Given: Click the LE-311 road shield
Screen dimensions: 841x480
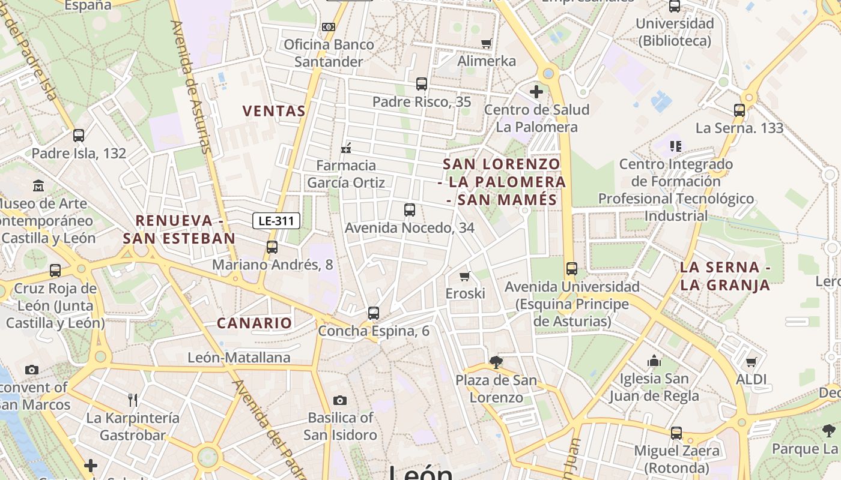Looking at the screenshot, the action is click(x=276, y=221).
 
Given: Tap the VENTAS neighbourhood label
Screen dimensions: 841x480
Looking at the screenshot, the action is click(x=274, y=111).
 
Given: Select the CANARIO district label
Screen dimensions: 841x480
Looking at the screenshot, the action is click(x=254, y=323).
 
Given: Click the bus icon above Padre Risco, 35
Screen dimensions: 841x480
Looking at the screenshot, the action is click(x=422, y=84).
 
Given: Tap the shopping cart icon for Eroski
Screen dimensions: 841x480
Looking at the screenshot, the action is click(x=464, y=276).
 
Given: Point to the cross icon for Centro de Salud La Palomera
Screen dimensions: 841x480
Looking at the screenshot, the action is click(x=536, y=92).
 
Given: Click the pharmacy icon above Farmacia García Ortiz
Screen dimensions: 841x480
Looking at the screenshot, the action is click(x=346, y=148).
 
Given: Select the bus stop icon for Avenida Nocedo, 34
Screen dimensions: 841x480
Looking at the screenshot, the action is click(x=410, y=210).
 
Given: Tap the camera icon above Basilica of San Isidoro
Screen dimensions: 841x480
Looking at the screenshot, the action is click(x=340, y=400).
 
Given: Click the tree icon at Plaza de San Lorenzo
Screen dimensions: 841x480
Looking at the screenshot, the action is click(x=496, y=362).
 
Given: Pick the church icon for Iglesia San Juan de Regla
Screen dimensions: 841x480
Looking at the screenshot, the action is click(x=654, y=361).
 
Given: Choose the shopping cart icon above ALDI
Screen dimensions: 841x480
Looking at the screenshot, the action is click(x=751, y=362).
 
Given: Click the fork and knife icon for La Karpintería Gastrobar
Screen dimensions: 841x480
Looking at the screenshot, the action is click(x=133, y=400).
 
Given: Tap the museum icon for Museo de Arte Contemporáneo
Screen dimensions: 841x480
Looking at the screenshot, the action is click(x=39, y=185).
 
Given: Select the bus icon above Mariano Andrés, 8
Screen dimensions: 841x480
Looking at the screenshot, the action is click(x=272, y=247).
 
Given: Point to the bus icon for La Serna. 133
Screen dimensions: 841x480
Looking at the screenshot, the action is click(x=739, y=110).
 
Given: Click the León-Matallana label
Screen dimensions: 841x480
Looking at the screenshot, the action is click(x=239, y=358).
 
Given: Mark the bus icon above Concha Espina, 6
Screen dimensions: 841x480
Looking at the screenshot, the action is click(x=374, y=313).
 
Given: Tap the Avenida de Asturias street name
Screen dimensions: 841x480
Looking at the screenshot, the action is click(x=191, y=87).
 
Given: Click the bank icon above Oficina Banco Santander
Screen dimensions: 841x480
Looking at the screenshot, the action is click(x=328, y=27).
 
